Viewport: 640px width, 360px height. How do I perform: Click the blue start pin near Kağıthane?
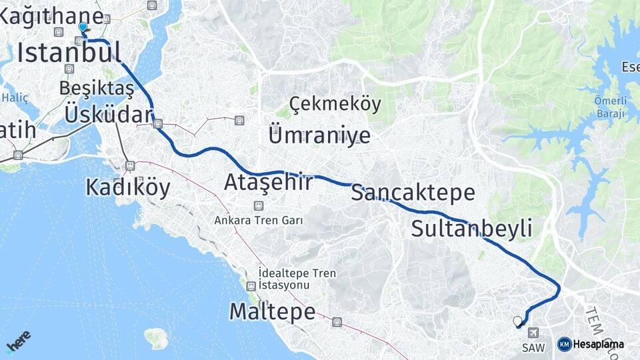[x=82, y=27]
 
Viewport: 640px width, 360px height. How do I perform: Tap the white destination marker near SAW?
[x=517, y=321]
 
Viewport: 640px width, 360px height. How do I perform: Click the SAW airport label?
[x=533, y=347]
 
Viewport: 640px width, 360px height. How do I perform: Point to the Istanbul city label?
[x=69, y=53]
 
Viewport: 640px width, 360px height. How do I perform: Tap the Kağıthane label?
[x=51, y=17]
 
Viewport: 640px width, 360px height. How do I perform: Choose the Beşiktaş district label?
[x=97, y=88]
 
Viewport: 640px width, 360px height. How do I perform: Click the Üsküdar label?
[x=109, y=115]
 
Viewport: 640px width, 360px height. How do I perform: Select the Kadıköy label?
[x=128, y=188]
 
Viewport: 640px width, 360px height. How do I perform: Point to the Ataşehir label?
[x=268, y=182]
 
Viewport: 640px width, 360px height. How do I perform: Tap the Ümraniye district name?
[x=319, y=135]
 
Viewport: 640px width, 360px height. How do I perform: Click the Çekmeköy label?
[x=335, y=104]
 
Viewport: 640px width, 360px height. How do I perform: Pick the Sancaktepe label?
[x=413, y=193]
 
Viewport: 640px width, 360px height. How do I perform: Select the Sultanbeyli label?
[x=471, y=229]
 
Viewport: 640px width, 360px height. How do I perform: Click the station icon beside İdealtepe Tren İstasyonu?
[x=251, y=287]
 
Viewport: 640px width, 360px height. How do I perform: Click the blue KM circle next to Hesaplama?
[x=564, y=345]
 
